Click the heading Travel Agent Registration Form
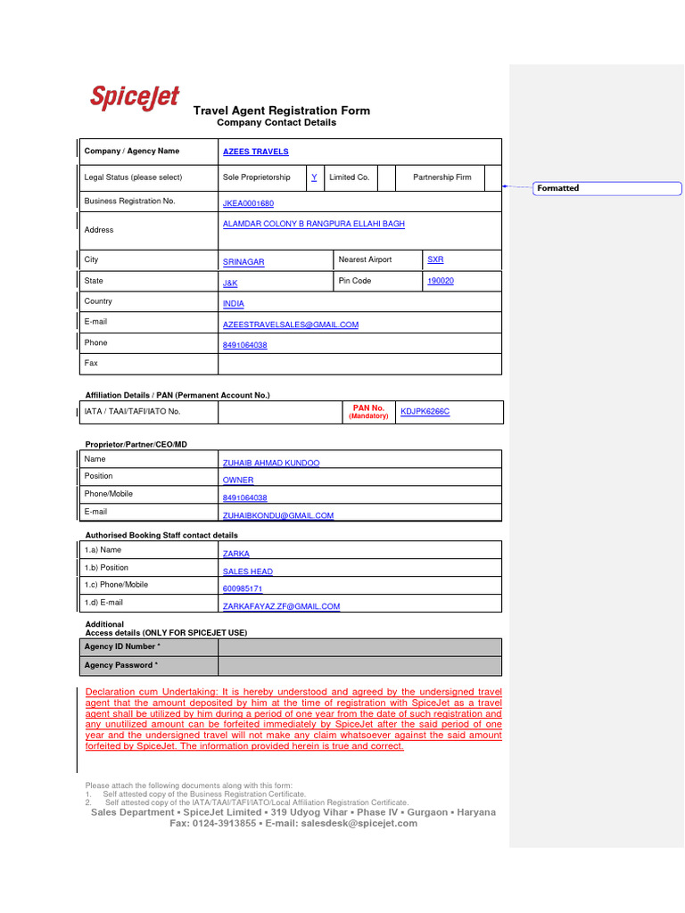[x=282, y=111]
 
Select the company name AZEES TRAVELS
[x=255, y=152]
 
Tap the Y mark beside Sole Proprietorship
[x=314, y=177]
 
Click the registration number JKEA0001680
[x=248, y=204]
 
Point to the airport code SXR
[x=435, y=259]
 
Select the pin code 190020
[x=441, y=281]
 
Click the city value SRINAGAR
[x=243, y=263]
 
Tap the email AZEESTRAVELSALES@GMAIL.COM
[x=291, y=325]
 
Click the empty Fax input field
[x=359, y=364]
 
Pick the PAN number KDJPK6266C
[x=425, y=412]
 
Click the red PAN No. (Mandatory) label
[x=368, y=412]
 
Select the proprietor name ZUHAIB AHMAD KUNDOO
[x=271, y=464]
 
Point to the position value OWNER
[x=238, y=481]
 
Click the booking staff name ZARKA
[x=236, y=554]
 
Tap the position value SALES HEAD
[x=248, y=572]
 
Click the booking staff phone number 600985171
[x=243, y=589]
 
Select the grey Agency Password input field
[x=359, y=666]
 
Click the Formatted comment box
[x=607, y=188]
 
